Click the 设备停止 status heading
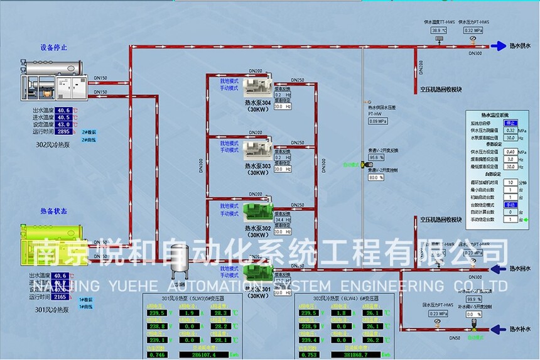[x=54, y=47]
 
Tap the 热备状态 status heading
[x=54, y=212]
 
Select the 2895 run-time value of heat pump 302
[x=63, y=132]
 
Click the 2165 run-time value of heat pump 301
[x=61, y=297]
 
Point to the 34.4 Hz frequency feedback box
[x=283, y=220]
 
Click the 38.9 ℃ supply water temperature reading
[x=438, y=30]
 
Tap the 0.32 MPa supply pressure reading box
[x=473, y=30]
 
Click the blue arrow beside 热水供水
[x=499, y=46]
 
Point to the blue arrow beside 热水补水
[x=499, y=329]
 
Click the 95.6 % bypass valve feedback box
[x=376, y=157]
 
